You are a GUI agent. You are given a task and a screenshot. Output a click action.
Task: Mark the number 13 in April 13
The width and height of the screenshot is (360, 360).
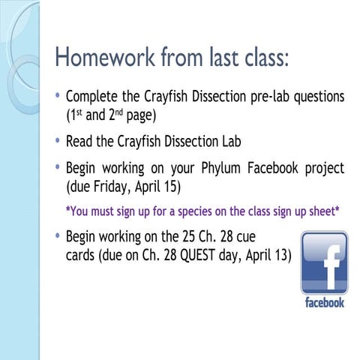click(280, 256)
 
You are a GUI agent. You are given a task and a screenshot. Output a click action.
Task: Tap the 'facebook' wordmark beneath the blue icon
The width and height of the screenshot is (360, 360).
click(324, 303)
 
